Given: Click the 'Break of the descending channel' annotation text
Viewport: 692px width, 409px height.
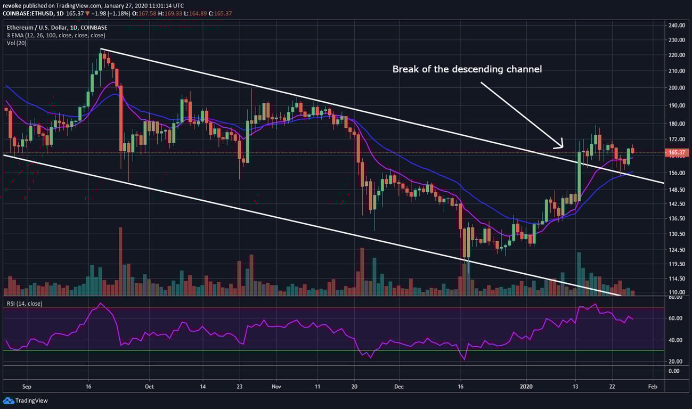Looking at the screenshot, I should coord(467,69).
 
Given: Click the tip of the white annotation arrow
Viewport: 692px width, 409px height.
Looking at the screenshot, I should coord(563,147).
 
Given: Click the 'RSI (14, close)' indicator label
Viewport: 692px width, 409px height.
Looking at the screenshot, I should coord(24,304).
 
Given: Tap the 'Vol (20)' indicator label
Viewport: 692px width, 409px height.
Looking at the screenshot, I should coord(17,43).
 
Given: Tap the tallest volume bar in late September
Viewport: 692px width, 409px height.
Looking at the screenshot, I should coord(120,261).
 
